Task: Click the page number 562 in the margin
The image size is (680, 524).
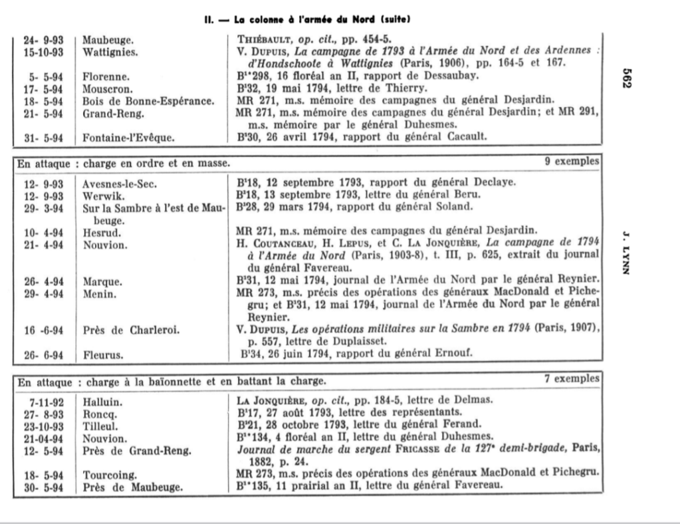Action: coord(631,75)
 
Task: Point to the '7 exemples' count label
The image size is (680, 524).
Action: coord(573,378)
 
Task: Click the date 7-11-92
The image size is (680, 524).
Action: coord(44,401)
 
